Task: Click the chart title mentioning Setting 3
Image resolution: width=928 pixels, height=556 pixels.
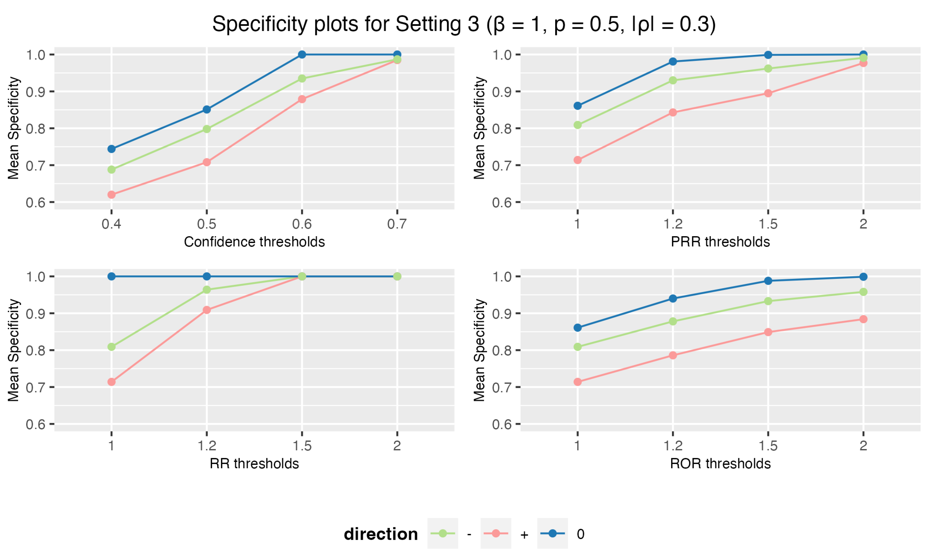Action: coord(464,24)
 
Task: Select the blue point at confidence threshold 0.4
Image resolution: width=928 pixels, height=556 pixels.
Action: coord(111,149)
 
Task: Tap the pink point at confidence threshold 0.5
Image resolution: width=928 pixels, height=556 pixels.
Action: coord(207,162)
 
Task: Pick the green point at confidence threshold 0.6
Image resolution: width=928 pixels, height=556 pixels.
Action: coord(302,79)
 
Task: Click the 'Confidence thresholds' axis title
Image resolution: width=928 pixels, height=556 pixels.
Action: coord(254,242)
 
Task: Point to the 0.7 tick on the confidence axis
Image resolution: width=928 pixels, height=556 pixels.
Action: coord(397,224)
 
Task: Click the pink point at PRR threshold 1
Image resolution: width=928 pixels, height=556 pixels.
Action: coord(577,160)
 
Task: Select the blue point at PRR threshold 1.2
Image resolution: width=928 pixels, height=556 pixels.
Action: coord(673,61)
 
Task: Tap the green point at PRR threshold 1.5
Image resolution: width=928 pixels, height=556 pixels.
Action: coord(768,69)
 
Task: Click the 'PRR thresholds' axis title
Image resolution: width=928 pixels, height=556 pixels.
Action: coord(720,242)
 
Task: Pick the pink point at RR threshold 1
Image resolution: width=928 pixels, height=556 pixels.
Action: coord(111,382)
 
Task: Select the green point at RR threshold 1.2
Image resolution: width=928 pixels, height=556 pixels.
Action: coord(207,290)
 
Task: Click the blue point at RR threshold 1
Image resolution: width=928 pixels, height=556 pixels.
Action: coord(111,277)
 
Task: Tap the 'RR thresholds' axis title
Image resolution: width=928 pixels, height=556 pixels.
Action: coord(254,464)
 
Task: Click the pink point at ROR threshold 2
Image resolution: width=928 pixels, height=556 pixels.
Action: coord(863,319)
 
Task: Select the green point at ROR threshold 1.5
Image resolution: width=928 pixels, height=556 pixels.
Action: coord(768,301)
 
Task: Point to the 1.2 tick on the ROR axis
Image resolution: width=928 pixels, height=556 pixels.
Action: coord(673,446)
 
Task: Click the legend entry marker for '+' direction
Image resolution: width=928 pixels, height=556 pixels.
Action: coord(496,534)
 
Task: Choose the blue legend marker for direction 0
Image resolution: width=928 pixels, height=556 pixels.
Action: coord(552,534)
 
